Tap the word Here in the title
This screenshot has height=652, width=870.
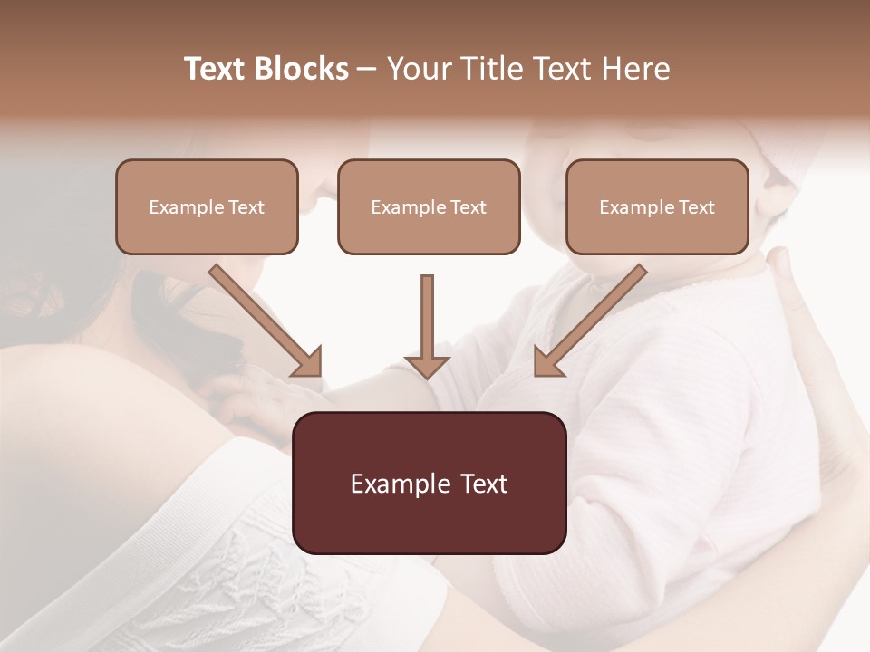[x=633, y=69]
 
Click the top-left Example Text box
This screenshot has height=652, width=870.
[x=207, y=206]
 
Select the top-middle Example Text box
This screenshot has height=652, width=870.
[x=429, y=206]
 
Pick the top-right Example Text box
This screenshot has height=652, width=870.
[x=657, y=206]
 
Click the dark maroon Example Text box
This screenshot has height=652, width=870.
[x=429, y=483]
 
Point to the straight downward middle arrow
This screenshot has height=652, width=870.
[x=427, y=321]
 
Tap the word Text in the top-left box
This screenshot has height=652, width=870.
[x=246, y=207]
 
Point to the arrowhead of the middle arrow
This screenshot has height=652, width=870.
[x=427, y=366]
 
